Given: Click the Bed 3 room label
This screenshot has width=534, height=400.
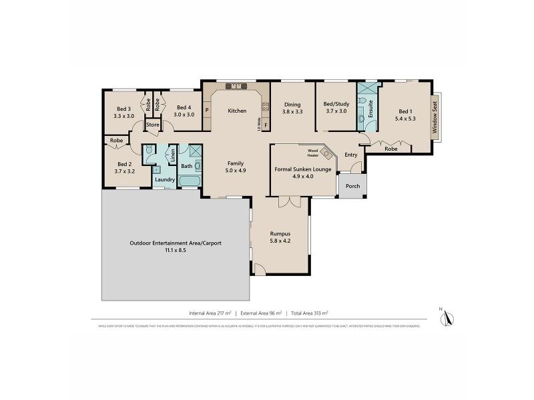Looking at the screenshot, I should coord(123,109).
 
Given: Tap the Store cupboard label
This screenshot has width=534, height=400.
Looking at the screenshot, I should coord(153,125).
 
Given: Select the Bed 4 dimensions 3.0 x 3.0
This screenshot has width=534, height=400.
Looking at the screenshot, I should coord(184,115).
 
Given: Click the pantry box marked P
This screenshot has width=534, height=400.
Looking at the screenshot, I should coord(207,111).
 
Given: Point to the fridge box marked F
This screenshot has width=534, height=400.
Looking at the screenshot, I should coord(265,125).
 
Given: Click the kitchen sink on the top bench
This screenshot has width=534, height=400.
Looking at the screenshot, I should coord(236,86).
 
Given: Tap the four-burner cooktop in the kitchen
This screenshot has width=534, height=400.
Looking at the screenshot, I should coord(265,106).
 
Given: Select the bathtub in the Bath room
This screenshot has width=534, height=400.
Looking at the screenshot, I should coord(190,181).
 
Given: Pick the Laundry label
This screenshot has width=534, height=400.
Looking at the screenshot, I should coord(164,179).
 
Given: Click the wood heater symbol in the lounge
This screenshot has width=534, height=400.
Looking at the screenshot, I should coord(326,153).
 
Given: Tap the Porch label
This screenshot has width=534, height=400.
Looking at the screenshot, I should coord(352,186).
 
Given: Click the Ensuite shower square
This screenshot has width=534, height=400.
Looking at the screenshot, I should coord(366,89).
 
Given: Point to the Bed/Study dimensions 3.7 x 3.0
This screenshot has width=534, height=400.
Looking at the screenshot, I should coord(335,111).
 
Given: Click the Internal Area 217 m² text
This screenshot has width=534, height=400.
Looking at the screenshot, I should coord(211,312).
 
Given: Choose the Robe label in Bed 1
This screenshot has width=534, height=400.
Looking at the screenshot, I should coord(391,149).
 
